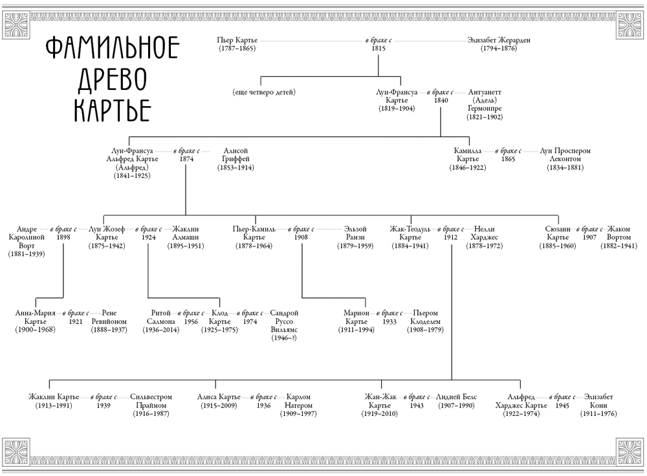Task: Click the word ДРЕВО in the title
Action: point(112,80)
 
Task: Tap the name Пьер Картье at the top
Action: point(237,40)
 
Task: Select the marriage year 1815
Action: point(378,49)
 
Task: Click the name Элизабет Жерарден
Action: point(499,40)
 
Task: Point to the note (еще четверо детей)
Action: point(264,92)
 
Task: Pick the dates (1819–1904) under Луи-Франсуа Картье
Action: point(397,109)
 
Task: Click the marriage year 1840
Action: point(441,100)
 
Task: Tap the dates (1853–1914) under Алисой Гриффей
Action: point(236,168)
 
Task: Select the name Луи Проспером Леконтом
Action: point(565,155)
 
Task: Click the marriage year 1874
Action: point(186,159)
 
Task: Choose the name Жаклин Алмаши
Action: point(186,233)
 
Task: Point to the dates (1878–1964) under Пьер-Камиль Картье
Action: point(254,246)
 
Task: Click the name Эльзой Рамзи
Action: point(355,233)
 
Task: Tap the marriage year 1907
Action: point(589,237)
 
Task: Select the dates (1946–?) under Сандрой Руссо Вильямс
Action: point(284,338)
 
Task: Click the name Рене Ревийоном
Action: point(109,317)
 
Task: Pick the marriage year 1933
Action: point(389,321)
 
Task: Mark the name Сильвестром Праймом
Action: point(151,401)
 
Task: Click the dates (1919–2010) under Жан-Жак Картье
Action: point(380,414)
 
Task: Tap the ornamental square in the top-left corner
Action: point(17,25)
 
